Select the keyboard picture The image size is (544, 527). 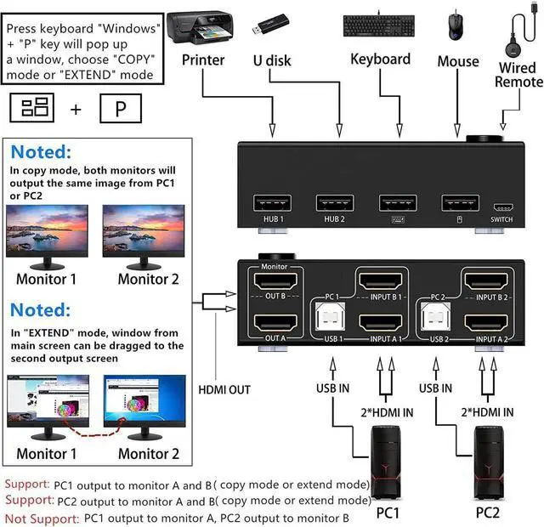(380, 26)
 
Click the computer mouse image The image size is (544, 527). (457, 25)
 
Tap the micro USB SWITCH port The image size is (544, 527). (502, 207)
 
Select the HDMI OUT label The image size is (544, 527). (224, 389)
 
